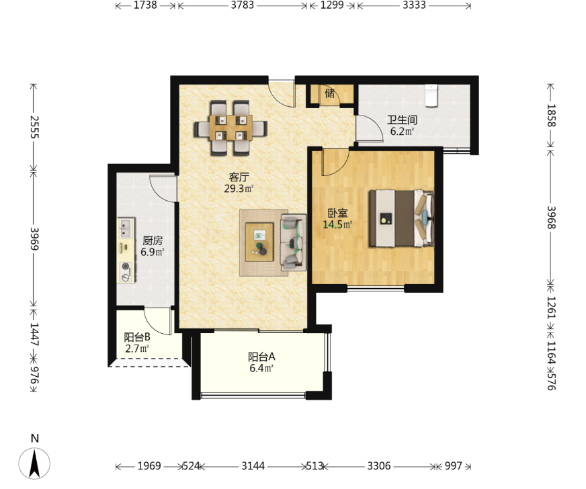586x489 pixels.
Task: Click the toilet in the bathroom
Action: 431,95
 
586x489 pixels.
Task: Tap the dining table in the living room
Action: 231,128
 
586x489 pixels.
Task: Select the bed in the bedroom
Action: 401,218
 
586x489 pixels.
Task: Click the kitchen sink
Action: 125,228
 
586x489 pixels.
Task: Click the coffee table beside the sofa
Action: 259,242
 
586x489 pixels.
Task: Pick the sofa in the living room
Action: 294,242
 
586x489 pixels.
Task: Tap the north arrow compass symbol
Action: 34,463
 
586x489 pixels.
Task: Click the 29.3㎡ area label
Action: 239,189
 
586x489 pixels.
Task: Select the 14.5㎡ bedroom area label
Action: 337,224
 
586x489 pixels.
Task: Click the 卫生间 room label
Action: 402,120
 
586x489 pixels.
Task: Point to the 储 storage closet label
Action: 329,93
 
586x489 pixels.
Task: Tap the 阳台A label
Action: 261,357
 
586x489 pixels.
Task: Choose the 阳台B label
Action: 137,337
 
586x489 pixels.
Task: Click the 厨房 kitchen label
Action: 153,240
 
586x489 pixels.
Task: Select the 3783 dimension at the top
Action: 242,5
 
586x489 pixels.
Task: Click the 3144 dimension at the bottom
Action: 253,466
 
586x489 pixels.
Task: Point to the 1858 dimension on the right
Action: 551,116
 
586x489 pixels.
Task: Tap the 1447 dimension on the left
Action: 34,334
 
